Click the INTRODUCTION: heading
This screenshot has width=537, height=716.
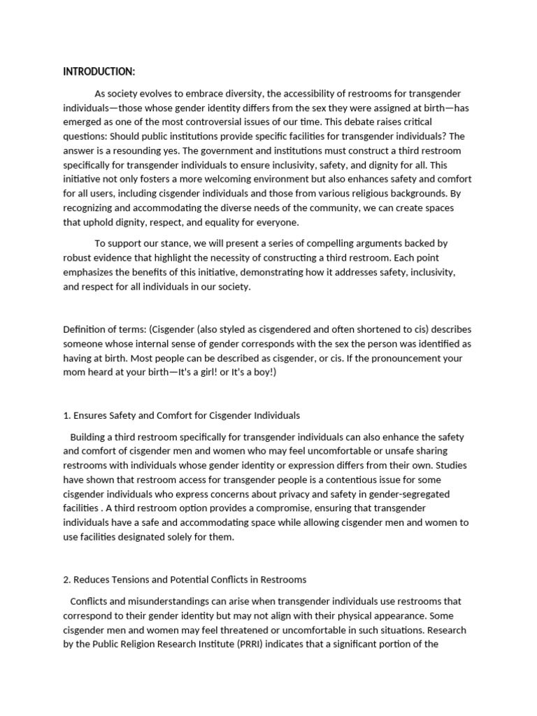99,71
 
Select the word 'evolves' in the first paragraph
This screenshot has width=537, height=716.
157,94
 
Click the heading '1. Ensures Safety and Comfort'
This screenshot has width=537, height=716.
182,415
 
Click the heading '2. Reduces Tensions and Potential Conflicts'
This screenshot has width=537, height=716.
185,580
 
